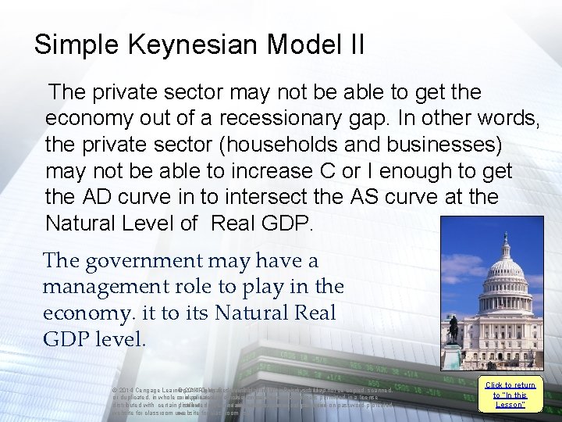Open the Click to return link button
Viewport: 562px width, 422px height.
pos(510,395)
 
